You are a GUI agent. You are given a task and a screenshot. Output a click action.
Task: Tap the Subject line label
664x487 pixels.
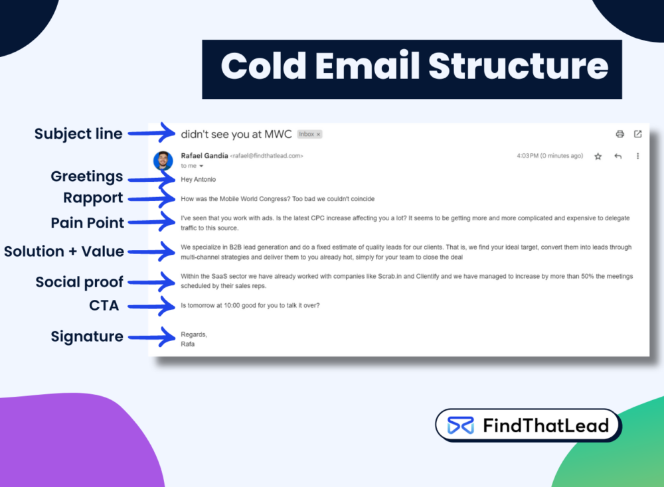(x=78, y=134)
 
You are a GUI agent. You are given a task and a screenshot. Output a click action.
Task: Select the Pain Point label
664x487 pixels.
(x=88, y=223)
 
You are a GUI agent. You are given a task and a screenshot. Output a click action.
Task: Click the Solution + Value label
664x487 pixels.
(x=64, y=251)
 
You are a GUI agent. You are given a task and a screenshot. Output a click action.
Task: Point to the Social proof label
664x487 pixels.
(x=80, y=282)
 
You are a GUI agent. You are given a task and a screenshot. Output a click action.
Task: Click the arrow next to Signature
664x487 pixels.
(x=151, y=337)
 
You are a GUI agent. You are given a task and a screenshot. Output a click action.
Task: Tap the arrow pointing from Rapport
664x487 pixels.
(x=151, y=198)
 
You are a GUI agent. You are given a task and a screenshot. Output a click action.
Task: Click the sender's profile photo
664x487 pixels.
(x=163, y=160)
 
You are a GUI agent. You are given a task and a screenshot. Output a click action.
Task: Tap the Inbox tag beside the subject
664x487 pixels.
(x=309, y=134)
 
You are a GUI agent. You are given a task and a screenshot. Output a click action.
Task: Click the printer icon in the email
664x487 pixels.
(x=620, y=134)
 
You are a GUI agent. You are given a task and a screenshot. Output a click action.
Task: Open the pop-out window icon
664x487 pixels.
(x=637, y=134)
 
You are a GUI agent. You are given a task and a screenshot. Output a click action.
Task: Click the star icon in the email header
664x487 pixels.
(x=598, y=157)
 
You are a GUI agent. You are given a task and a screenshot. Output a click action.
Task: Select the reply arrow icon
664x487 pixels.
(x=618, y=157)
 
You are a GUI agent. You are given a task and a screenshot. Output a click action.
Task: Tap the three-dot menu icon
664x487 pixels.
(x=637, y=157)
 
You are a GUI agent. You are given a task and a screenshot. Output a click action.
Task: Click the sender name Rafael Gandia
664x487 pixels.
(x=204, y=156)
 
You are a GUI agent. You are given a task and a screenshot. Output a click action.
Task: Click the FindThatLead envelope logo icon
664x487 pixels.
(x=460, y=425)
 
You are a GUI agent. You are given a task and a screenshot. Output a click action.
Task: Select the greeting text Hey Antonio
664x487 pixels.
(x=198, y=179)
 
